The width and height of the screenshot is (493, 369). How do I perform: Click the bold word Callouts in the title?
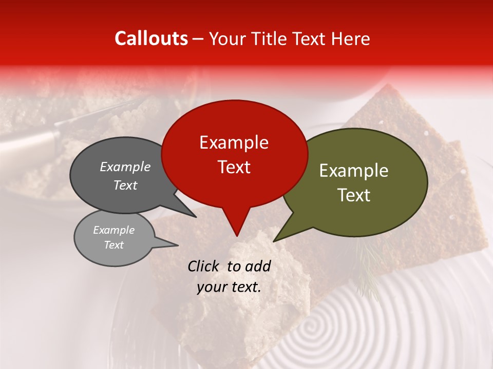[151, 38]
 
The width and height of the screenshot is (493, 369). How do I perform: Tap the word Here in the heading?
[351, 39]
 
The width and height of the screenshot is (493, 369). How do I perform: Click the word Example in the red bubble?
[234, 142]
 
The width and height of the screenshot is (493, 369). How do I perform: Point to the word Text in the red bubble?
[234, 167]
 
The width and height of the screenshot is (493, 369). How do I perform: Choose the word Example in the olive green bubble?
[354, 171]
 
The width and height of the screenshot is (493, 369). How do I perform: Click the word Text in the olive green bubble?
[354, 195]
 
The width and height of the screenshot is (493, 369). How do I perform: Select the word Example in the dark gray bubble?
[125, 167]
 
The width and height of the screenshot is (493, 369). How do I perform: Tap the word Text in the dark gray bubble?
[125, 185]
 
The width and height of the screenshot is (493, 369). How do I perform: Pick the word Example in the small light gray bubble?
[113, 230]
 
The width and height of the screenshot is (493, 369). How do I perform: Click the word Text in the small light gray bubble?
[113, 245]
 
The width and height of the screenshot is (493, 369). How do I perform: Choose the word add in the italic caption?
[258, 266]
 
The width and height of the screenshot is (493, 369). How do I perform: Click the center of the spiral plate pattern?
[311, 326]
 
